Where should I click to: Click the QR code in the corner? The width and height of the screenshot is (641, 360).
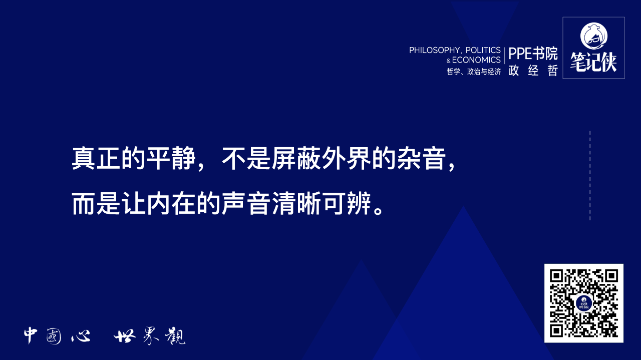coord(584,303)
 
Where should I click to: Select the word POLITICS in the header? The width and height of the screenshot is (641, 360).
coord(483,50)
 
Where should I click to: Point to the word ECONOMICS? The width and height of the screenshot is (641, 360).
coord(476,60)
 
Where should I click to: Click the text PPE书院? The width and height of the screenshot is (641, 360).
coord(533,54)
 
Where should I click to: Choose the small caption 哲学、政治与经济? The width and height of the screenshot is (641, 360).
coord(474,72)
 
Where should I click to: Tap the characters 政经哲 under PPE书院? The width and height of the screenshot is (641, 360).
coord(533,71)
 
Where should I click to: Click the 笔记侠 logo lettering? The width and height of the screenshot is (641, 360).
coord(593,62)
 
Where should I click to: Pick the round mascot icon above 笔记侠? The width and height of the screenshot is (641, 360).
coord(593,34)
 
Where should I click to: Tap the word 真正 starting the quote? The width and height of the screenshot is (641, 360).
coord(97,158)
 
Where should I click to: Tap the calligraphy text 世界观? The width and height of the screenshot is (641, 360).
coord(149,336)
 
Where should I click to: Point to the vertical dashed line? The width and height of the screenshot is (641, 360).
coord(590,175)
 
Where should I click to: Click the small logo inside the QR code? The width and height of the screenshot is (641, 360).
coord(584,303)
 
